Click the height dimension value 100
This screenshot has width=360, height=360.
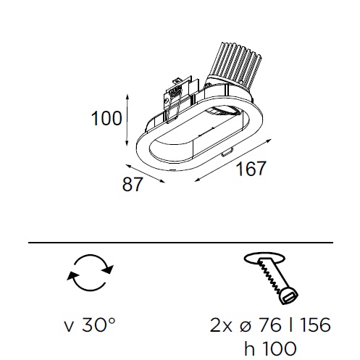pos(106,119)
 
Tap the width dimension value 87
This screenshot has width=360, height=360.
pos(133,185)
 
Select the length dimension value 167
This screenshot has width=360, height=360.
pos(251,168)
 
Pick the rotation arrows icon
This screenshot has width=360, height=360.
pos(90,272)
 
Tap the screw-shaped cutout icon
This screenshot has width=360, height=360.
pos(271,277)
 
